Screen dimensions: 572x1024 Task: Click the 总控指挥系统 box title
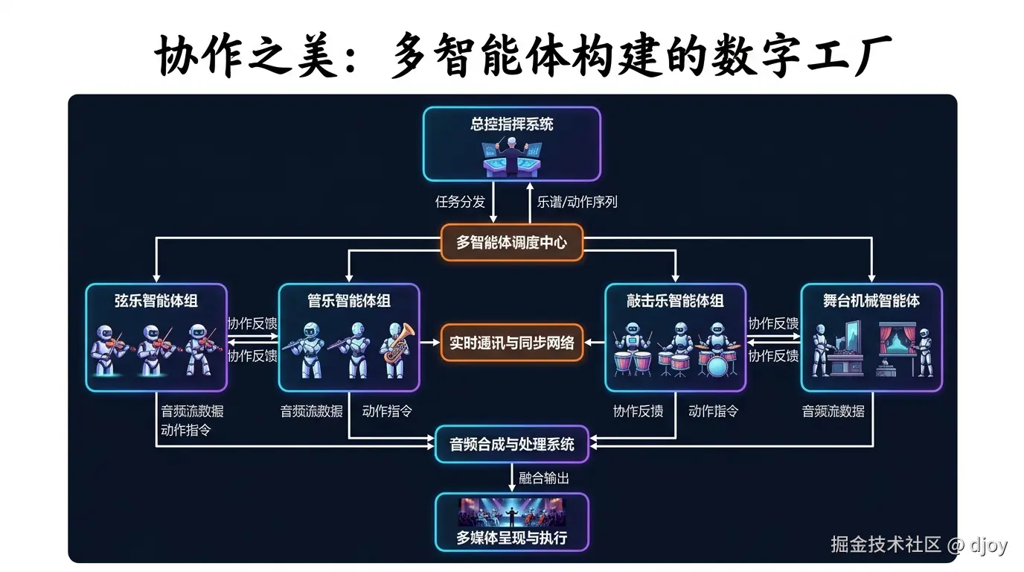click(511, 124)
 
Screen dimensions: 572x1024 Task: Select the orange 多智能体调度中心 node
click(511, 242)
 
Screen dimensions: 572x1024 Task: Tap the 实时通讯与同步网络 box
click(511, 343)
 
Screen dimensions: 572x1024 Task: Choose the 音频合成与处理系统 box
click(511, 445)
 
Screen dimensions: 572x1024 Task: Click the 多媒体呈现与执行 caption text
click(511, 538)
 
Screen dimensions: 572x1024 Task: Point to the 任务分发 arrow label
click(460, 201)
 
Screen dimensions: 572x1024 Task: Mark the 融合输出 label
click(544, 478)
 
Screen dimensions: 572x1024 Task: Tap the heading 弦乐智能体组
click(156, 301)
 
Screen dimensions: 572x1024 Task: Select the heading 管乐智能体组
click(349, 301)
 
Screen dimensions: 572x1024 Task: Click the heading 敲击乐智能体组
click(675, 301)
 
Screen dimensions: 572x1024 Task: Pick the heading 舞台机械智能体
click(871, 301)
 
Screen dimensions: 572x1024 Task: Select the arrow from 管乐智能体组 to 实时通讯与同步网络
click(429, 343)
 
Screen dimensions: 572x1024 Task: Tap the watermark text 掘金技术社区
click(886, 544)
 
